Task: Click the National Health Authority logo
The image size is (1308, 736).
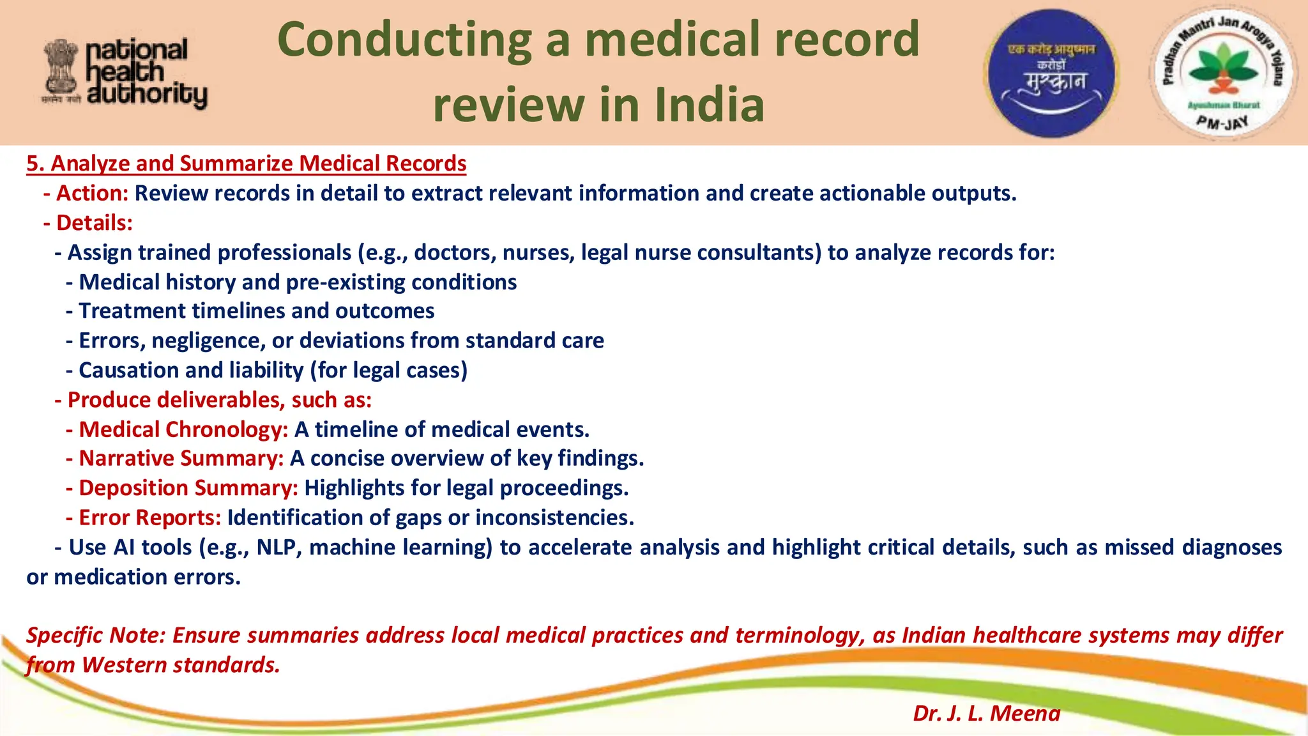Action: [x=125, y=72]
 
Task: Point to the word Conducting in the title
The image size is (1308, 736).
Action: [x=404, y=40]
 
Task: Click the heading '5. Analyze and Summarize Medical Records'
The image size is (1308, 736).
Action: [x=246, y=164]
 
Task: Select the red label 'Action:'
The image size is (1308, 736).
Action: [x=93, y=193]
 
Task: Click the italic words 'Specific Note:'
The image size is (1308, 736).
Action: [x=96, y=635]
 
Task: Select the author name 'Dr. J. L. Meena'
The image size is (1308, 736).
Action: [x=986, y=713]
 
